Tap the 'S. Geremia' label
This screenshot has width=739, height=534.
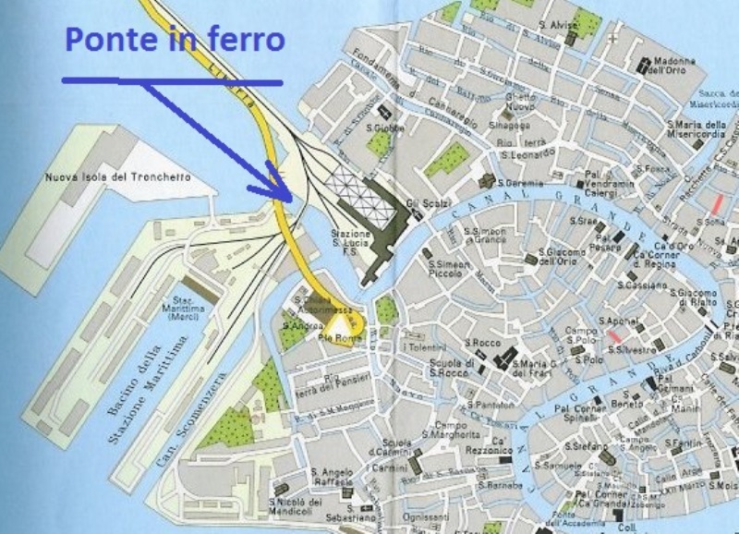click(522, 184)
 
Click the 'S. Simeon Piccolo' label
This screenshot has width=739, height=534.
click(449, 269)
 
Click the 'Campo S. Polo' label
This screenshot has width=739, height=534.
click(583, 334)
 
